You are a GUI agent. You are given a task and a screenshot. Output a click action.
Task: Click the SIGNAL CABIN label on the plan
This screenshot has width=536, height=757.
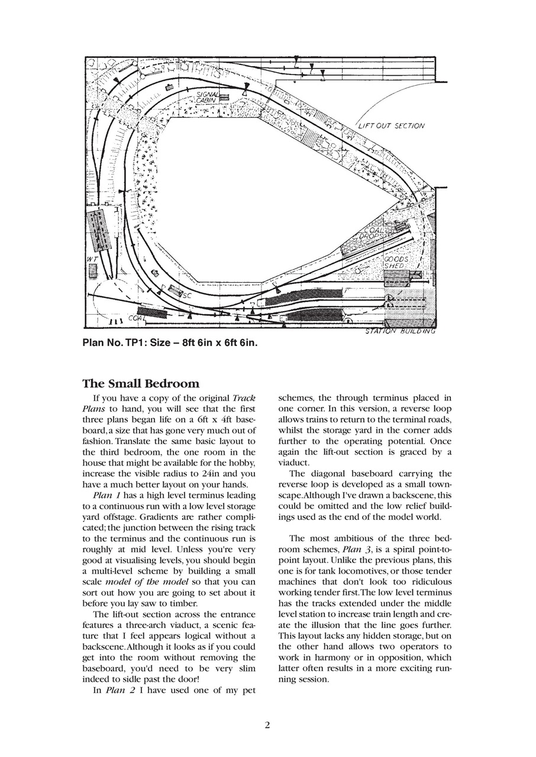pos(207,98)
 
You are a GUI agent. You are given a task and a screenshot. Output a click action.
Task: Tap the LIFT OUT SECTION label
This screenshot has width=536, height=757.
pos(391,126)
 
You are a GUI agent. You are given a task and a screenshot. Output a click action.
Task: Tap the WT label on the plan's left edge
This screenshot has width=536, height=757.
pos(91,260)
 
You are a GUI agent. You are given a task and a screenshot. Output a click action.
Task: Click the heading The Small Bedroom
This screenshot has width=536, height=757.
pos(141,384)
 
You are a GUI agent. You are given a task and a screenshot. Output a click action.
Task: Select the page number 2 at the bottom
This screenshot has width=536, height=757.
pos(267,726)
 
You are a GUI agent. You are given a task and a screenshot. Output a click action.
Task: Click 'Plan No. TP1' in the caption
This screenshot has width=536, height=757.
pos(109,343)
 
